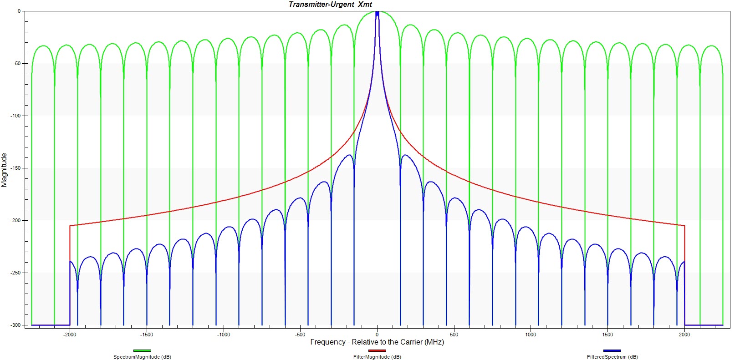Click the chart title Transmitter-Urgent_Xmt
pos(330,5)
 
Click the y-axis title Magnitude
pos(4,170)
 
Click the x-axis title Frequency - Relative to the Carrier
pos(377,342)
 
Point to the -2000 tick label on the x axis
pos(70,335)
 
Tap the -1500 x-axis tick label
pos(146,335)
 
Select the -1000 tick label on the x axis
pos(223,335)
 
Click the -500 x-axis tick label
pos(300,335)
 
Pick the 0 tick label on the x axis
pos(377,335)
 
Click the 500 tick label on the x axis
pos(454,335)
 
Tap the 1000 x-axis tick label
pos(531,335)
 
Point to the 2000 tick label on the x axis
pos(684,335)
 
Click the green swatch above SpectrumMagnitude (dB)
pos(142,350)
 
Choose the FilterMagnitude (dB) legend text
pos(377,357)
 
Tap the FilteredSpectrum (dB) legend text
pos(612,357)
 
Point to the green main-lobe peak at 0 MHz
pos(377,11)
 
